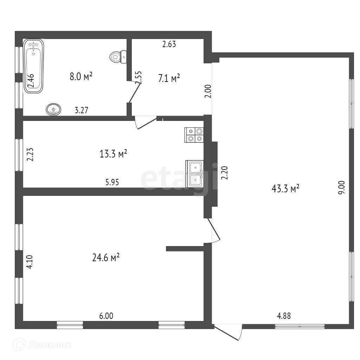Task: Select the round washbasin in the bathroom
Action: click(53, 109)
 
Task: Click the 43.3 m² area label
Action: click(285, 189)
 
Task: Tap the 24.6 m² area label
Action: click(105, 258)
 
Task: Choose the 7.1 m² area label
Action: click(169, 78)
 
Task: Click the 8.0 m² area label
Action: click(81, 76)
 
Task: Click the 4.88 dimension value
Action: click(284, 316)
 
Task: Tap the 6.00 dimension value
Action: click(106, 316)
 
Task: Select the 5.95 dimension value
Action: click(112, 182)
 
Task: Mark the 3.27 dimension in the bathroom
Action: click(81, 110)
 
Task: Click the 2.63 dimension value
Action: click(169, 44)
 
